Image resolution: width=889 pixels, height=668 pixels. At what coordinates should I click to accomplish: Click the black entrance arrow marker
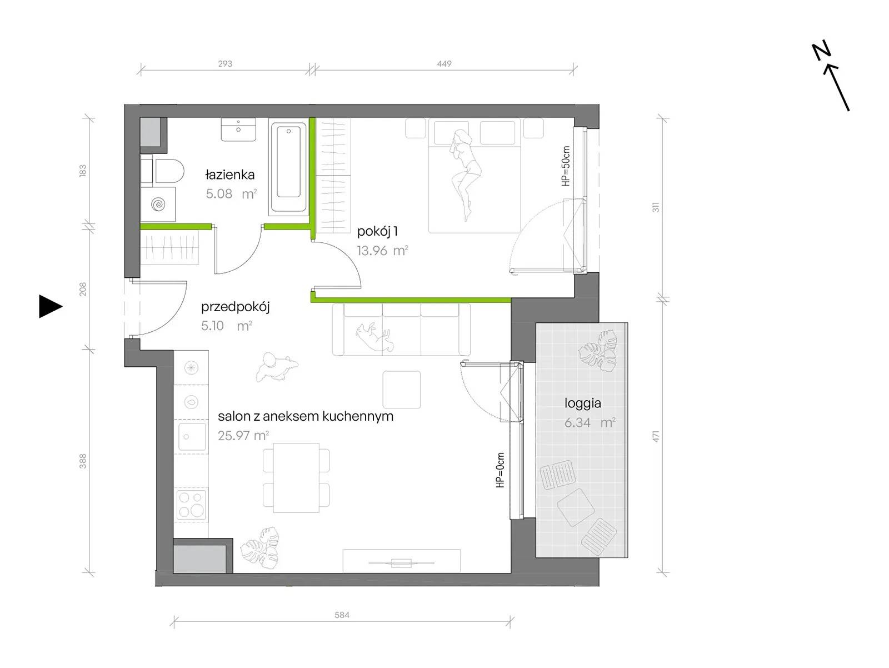click(x=50, y=306)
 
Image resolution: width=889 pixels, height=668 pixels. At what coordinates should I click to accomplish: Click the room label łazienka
click(x=229, y=175)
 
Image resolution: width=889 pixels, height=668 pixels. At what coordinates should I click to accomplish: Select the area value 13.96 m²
click(x=382, y=251)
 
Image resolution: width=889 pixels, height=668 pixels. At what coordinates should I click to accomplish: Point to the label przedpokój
click(x=236, y=307)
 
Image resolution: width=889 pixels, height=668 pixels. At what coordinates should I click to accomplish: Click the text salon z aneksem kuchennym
click(x=306, y=416)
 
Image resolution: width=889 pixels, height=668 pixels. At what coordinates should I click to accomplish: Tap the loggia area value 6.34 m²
click(x=590, y=422)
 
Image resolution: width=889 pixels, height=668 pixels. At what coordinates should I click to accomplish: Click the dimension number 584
click(x=342, y=615)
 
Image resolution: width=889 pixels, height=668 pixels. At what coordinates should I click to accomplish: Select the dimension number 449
click(x=444, y=63)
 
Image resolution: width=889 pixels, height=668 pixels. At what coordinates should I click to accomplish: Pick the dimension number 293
click(x=225, y=63)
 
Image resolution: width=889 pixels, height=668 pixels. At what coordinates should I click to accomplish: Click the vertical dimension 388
click(x=83, y=461)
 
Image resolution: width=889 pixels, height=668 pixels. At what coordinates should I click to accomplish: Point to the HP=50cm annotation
click(x=566, y=166)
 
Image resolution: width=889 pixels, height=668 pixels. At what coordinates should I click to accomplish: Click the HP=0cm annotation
click(x=501, y=470)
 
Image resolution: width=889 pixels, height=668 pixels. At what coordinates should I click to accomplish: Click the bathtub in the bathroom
click(x=288, y=167)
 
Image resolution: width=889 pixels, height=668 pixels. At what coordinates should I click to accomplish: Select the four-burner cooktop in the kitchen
click(x=192, y=505)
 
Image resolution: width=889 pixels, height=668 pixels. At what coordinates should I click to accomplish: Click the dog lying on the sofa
click(x=374, y=337)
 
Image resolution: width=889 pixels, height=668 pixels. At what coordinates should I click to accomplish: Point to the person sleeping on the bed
click(x=465, y=173)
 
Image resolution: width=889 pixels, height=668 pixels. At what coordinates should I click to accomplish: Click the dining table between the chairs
click(x=296, y=477)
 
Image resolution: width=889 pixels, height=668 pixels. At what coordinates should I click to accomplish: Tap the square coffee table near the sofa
click(x=401, y=390)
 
